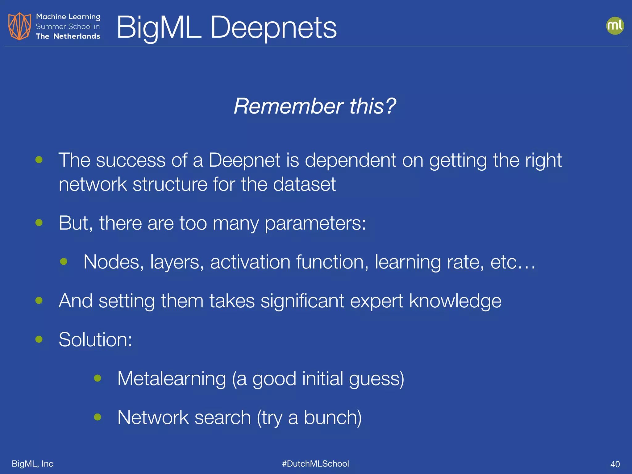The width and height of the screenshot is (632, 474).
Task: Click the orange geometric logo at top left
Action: click(x=19, y=26)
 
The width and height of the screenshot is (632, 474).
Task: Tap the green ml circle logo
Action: click(x=615, y=26)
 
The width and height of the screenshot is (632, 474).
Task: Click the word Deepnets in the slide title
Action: click(x=273, y=28)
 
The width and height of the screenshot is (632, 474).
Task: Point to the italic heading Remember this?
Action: click(x=315, y=106)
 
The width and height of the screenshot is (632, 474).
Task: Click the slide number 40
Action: click(x=615, y=464)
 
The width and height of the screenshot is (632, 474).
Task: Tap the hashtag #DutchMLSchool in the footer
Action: click(x=315, y=464)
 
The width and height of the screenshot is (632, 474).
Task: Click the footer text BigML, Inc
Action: click(x=32, y=464)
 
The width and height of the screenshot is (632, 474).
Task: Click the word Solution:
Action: click(x=95, y=339)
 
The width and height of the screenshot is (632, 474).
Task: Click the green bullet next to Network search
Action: click(x=98, y=417)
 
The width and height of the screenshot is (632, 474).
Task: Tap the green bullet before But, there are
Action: click(x=39, y=222)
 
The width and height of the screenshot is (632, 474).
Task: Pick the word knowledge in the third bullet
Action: click(x=455, y=301)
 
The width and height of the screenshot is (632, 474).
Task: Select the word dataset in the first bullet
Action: click(x=304, y=184)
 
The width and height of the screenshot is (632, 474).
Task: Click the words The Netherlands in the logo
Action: click(x=68, y=36)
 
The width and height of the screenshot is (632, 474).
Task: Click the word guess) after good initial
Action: click(x=376, y=379)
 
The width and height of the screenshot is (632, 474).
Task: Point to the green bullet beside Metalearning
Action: click(x=98, y=378)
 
